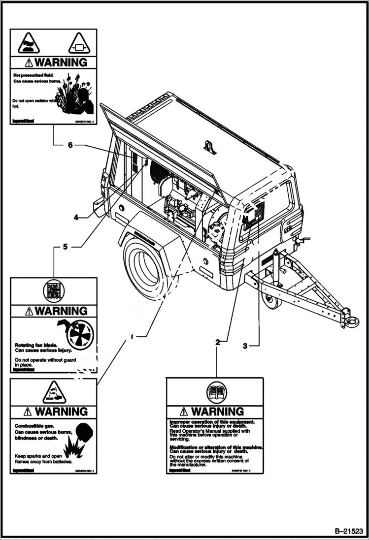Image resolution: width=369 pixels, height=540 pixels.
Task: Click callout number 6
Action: coord(70,145)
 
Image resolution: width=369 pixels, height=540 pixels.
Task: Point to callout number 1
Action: coord(131,337)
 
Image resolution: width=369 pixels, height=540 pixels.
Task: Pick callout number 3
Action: coord(245,346)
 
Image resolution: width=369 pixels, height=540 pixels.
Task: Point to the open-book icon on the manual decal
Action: coord(217,392)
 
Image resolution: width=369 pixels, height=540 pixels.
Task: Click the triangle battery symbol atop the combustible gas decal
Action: coord(53,392)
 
